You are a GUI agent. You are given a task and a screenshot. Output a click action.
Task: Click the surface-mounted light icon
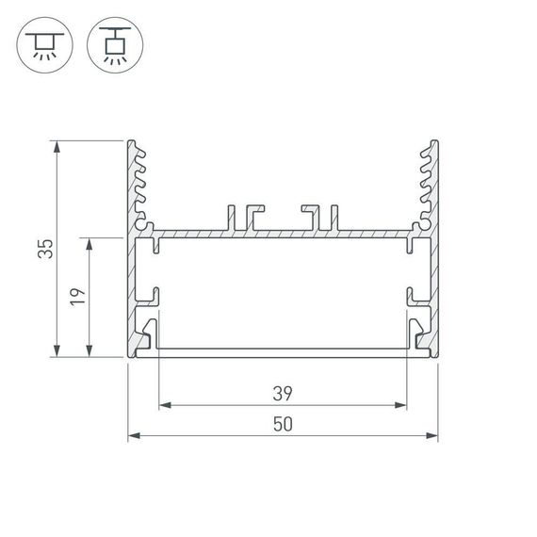click(43, 44)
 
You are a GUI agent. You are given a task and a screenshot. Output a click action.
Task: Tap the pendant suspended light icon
click(112, 44)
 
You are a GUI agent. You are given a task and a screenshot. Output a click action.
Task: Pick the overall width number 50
click(282, 423)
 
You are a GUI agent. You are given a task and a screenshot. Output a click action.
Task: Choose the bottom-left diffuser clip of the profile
click(148, 333)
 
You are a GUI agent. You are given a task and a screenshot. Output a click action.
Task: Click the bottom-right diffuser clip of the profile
click(417, 333)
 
